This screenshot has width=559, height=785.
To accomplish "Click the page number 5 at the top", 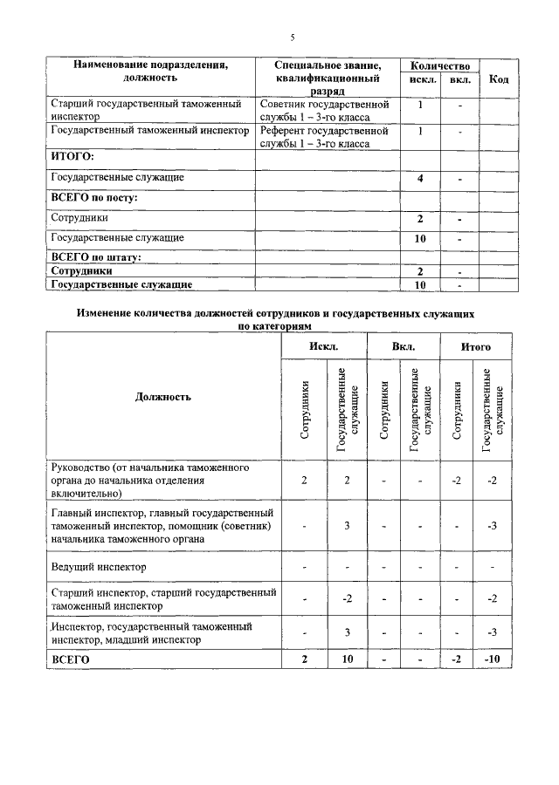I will (293, 37).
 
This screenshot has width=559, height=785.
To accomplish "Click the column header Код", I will (499, 79).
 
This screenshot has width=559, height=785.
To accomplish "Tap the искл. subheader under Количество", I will (421, 80).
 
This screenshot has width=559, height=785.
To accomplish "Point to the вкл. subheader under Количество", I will (459, 80).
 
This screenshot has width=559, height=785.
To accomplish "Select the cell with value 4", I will (421, 178).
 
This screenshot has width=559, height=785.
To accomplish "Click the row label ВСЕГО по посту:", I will (95, 198).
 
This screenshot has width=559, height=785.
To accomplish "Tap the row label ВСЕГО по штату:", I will (96, 257).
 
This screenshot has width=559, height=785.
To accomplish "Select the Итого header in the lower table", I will (476, 347).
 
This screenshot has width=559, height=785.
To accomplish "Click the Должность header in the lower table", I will (163, 397).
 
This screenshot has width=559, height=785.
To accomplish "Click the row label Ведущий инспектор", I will (99, 567).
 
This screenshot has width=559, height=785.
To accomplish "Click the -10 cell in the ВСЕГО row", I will (491, 659).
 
